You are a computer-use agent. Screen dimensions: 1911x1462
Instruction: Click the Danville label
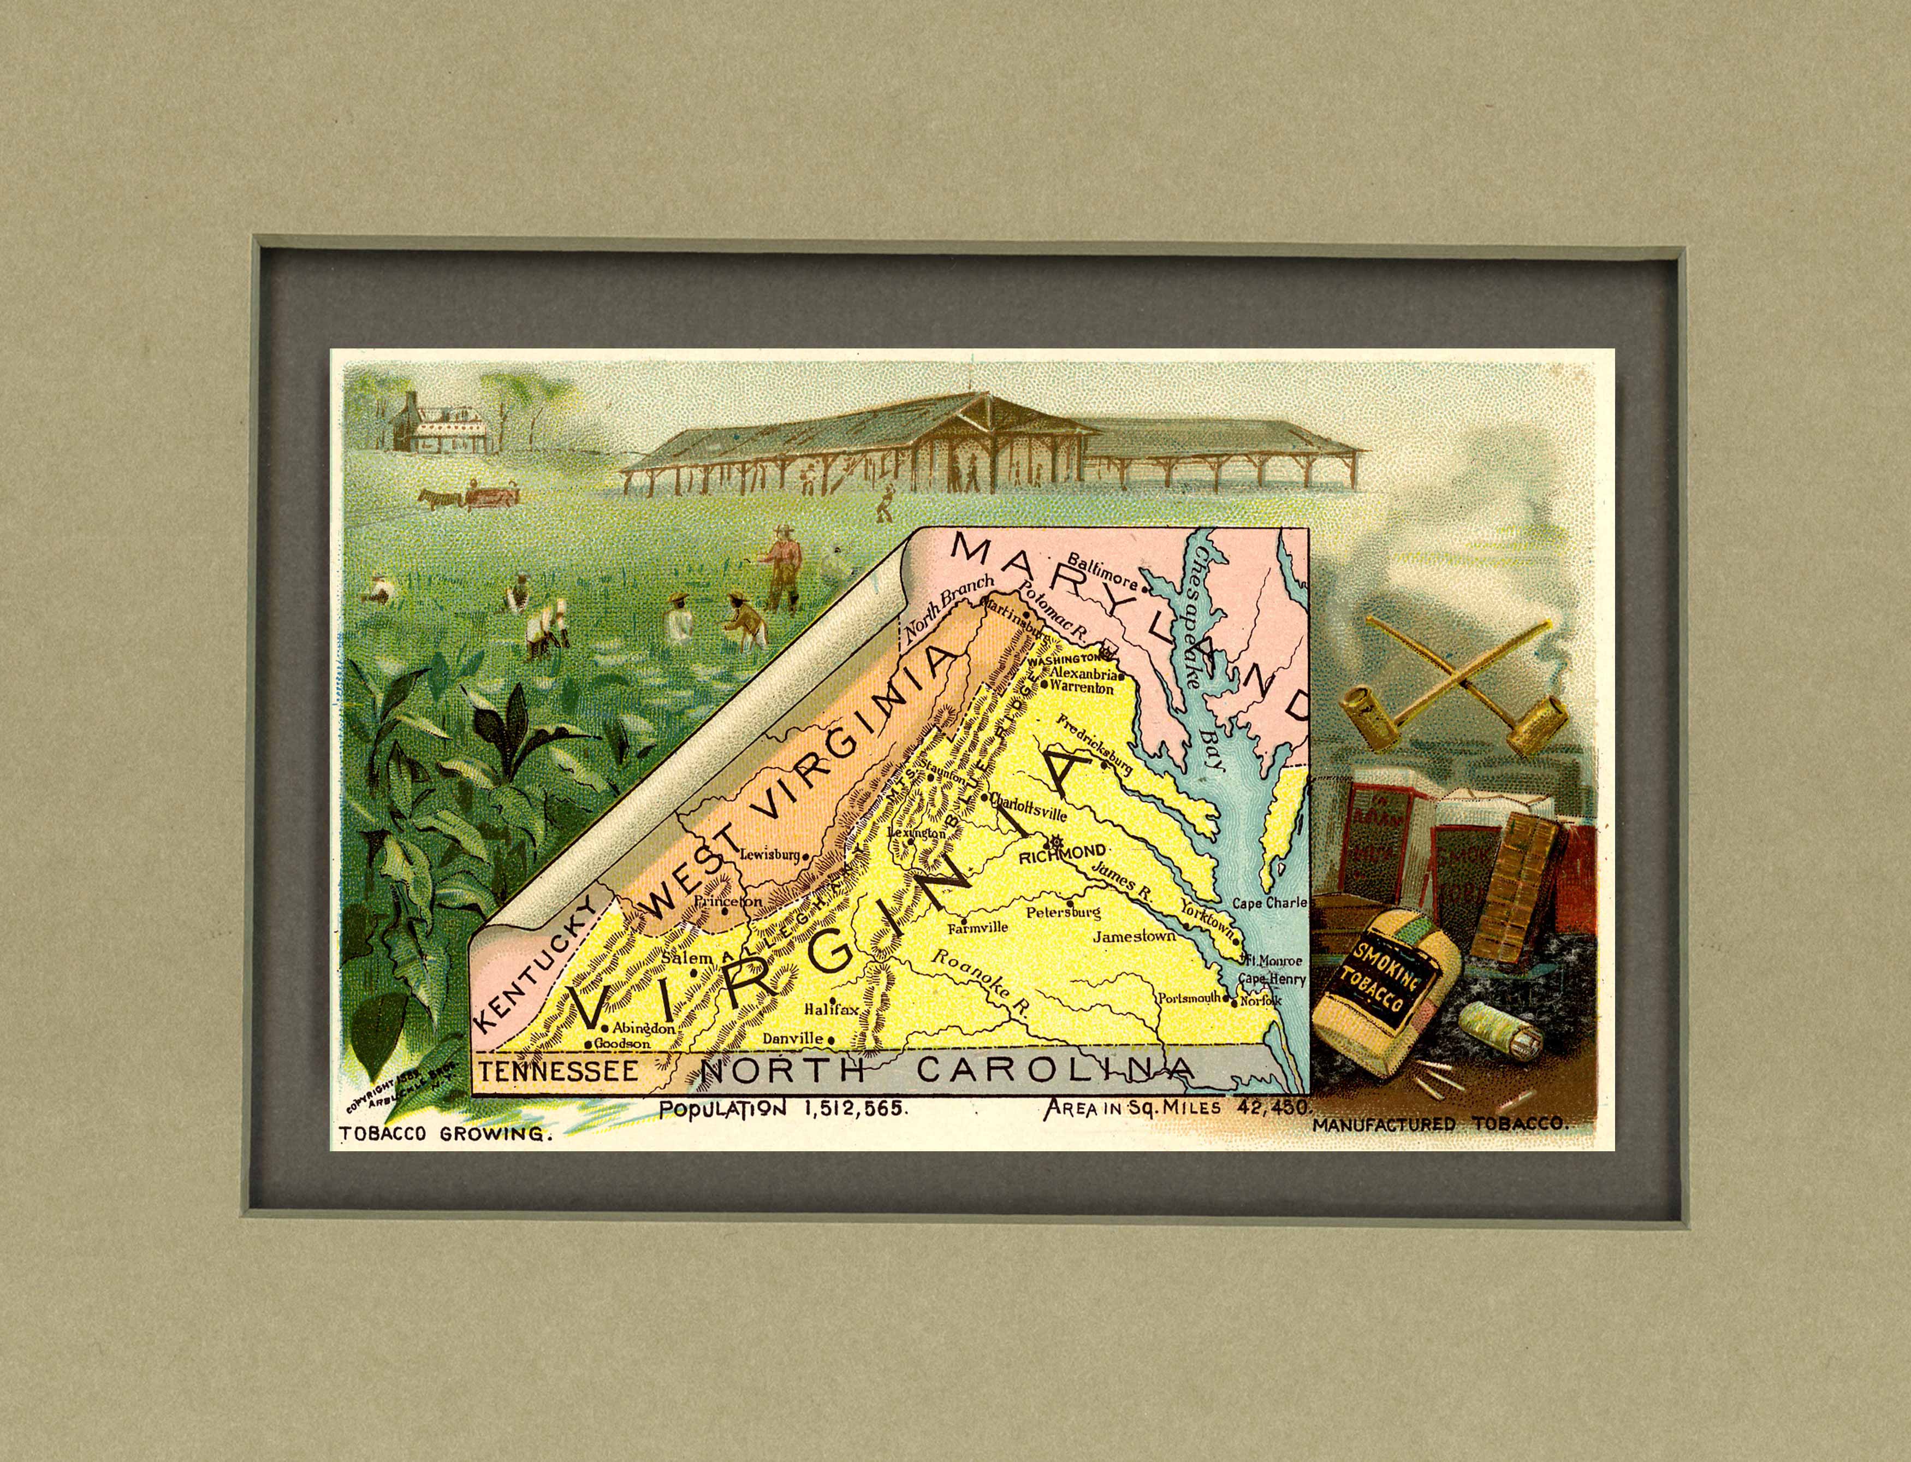pos(792,1038)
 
